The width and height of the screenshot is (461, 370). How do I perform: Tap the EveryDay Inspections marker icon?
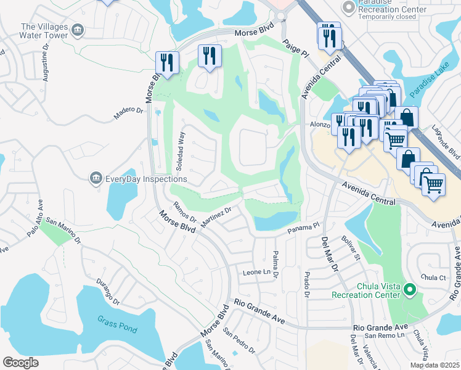(x=96, y=179)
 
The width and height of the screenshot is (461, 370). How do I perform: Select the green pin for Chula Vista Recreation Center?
(x=409, y=289)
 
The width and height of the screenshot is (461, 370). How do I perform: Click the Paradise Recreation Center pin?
(x=349, y=6)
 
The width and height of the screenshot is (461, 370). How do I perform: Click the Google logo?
(x=20, y=363)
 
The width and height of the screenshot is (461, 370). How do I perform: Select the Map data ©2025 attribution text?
(x=434, y=365)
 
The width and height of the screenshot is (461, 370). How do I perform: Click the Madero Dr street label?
(x=128, y=114)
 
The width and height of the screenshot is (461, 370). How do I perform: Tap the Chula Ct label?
(x=433, y=277)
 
